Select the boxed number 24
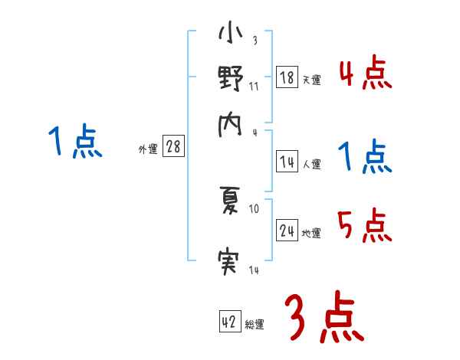coord(287,230)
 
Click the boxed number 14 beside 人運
coord(287,161)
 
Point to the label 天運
coord(310,79)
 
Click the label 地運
coord(310,233)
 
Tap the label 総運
coord(254,325)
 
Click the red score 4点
coord(365,75)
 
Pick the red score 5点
coord(365,227)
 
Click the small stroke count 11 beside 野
coord(255,86)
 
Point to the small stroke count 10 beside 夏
coord(255,208)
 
